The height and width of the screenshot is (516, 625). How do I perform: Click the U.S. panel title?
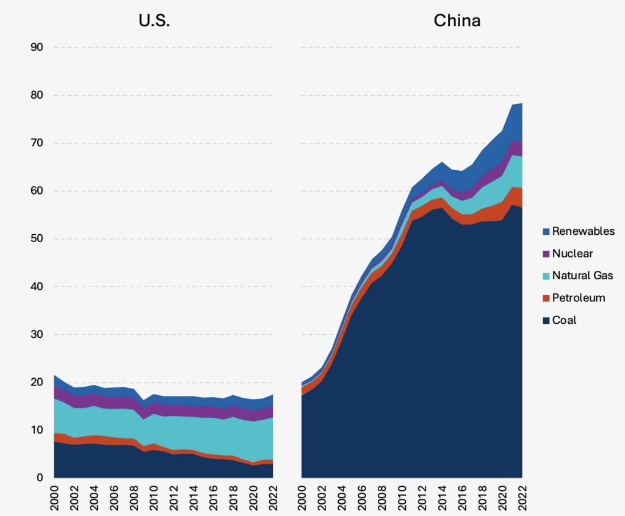tap(153, 20)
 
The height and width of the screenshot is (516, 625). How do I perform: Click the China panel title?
tap(457, 20)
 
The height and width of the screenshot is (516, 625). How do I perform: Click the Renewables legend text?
tap(583, 231)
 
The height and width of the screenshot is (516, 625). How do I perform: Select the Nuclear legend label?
tap(573, 253)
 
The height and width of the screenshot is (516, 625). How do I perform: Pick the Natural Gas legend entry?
tap(582, 276)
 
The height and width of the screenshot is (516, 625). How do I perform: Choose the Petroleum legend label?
tap(579, 298)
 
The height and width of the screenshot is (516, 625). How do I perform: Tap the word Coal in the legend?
tap(564, 320)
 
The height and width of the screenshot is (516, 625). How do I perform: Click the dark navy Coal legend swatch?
tap(546, 320)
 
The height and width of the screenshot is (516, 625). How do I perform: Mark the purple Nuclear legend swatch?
tap(546, 253)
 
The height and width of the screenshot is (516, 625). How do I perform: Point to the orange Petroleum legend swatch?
tap(546, 298)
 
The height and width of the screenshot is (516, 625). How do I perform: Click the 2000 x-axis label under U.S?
tap(55, 498)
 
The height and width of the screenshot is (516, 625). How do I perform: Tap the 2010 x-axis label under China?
tap(402, 498)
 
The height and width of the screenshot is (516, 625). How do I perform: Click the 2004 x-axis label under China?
tap(342, 498)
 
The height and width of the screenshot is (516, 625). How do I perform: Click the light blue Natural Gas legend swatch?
tap(546, 276)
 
